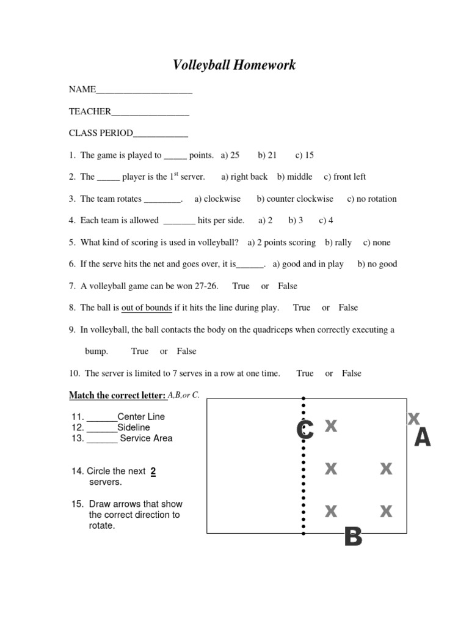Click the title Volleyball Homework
tap(234, 65)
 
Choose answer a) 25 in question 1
tap(230, 155)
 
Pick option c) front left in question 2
tap(345, 177)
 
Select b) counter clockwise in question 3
tap(295, 199)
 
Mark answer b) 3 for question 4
tap(296, 221)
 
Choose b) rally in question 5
tap(338, 243)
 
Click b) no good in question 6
tap(377, 264)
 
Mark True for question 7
tap(241, 286)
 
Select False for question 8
tap(348, 307)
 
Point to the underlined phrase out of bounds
tap(147, 308)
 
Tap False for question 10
tap(351, 374)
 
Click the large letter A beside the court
tap(422, 438)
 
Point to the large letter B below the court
tap(353, 537)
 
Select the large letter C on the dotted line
tap(305, 430)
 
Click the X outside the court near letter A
tap(413, 419)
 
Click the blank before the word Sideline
tap(102, 428)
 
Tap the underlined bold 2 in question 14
tap(153, 471)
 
